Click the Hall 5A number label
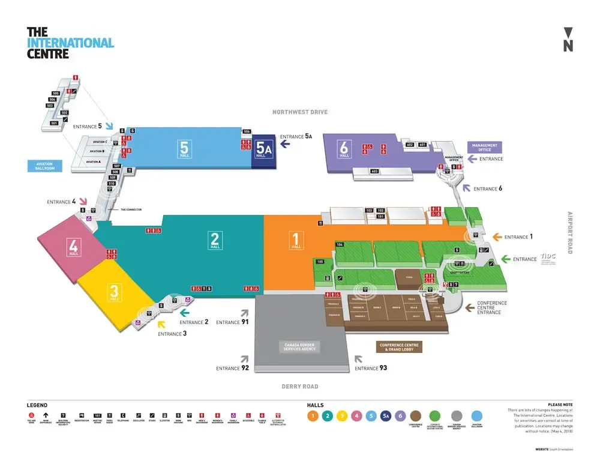tap(263, 148)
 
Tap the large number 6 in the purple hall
tap(344, 146)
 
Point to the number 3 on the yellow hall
tap(114, 291)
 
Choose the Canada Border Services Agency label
tap(300, 346)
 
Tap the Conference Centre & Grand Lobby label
tap(400, 347)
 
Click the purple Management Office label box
tap(484, 146)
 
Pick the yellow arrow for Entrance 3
tap(161, 325)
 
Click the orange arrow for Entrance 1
tap(497, 237)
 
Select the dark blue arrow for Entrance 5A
tap(286, 144)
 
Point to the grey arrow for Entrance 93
tap(359, 359)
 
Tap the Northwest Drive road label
tap(300, 112)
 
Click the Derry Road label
tap(300, 387)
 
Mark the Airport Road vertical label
tap(570, 232)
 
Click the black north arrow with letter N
tap(568, 40)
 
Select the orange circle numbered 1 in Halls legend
tap(313, 415)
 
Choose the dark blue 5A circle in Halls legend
tap(386, 415)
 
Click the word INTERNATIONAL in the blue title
tap(71, 43)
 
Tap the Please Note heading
tap(560, 404)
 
